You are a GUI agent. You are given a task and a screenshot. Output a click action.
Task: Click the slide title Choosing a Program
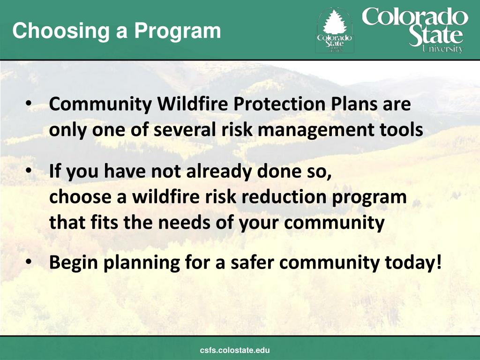pyautogui.click(x=116, y=31)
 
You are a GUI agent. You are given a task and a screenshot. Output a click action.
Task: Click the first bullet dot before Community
pyautogui.click(x=29, y=104)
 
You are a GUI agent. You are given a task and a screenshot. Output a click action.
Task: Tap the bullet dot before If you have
pyautogui.click(x=29, y=172)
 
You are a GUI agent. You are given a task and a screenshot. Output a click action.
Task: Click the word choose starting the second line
pyautogui.click(x=78, y=197)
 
